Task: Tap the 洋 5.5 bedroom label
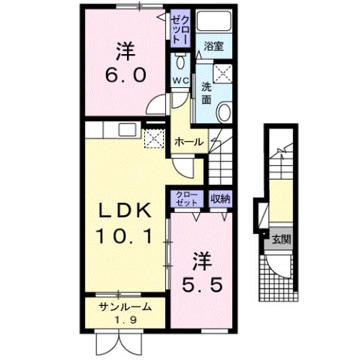pos(202,274)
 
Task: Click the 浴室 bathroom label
pos(214,47)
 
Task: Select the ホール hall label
pos(187,141)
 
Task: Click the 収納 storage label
pos(220,198)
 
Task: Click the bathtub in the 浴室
pos(214,24)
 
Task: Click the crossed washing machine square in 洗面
pos(222,73)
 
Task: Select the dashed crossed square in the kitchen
pos(153,139)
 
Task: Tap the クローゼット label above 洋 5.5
pos(186,198)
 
